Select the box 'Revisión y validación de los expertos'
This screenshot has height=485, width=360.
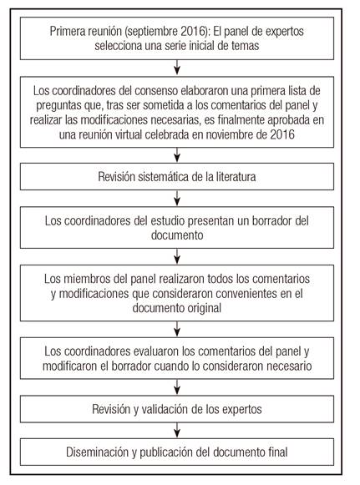[x=180, y=410]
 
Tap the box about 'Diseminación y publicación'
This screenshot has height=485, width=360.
[x=180, y=453]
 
